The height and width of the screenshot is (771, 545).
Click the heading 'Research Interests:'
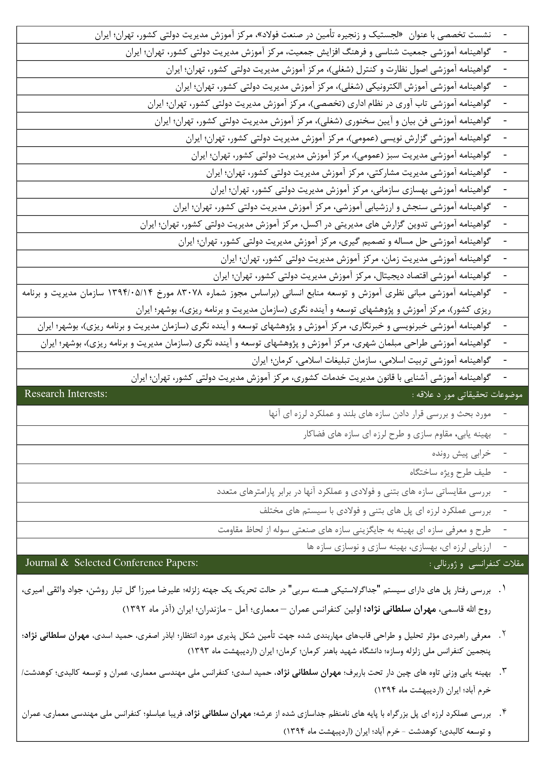point(66,394)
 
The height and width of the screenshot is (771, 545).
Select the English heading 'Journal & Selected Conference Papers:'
point(112,563)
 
